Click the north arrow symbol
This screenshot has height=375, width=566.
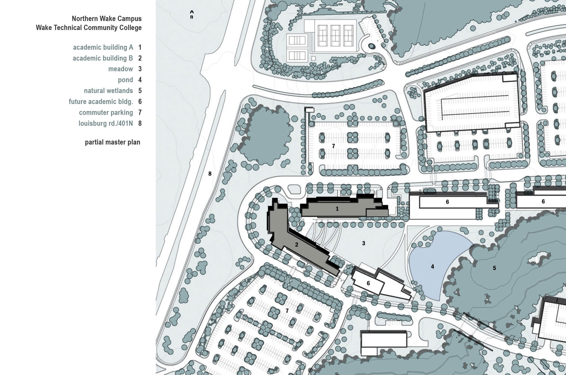pos(192,14)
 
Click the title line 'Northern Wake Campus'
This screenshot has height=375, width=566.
pos(107,18)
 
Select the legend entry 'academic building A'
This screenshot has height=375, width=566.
pos(103,47)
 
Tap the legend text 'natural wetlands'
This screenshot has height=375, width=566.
pos(109,91)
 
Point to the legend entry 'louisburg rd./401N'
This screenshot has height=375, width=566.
pos(106,123)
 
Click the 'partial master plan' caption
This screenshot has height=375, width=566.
pos(112,142)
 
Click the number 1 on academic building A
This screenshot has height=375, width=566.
pos(337,209)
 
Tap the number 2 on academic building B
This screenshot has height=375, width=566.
pos(296,244)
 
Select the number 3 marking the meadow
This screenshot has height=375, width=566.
pos(363,243)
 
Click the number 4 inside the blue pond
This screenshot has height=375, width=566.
pos(433,267)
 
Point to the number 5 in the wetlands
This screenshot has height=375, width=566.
pos(495,268)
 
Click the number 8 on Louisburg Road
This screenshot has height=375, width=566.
pos(210,174)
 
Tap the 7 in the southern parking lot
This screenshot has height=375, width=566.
pos(287,310)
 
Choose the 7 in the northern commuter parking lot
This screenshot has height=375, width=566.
pos(334,146)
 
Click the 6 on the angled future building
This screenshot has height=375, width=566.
pos(368,283)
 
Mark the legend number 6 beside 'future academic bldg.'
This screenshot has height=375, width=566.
pos(140,102)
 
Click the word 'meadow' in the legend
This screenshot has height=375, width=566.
pos(121,69)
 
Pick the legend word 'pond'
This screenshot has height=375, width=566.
pos(125,80)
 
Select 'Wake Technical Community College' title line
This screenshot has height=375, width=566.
pos(89,28)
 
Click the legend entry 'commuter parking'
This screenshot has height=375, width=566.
pos(106,112)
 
